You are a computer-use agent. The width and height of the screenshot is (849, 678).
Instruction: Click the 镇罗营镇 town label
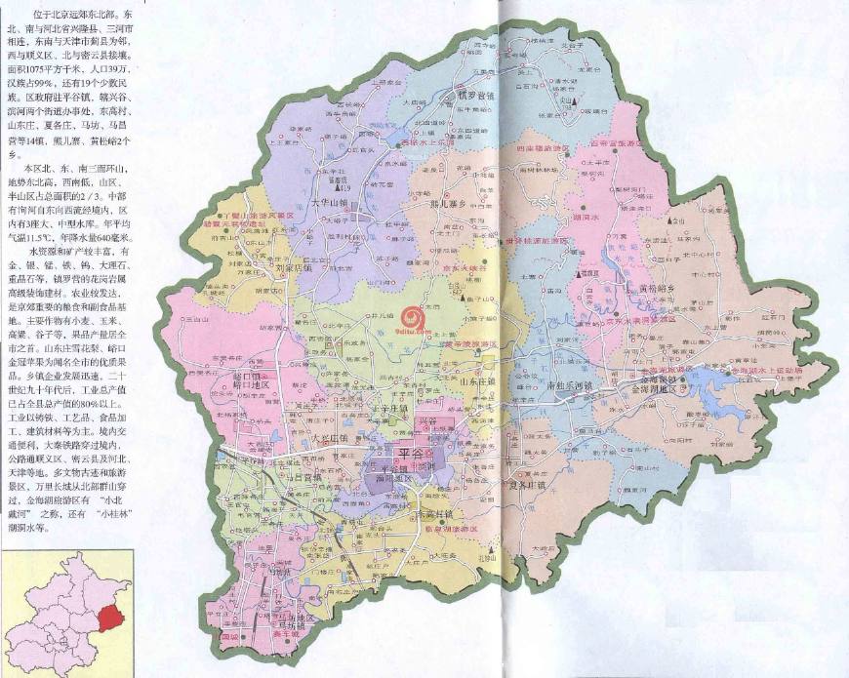click(476, 96)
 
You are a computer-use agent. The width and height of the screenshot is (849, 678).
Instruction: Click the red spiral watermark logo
click(416, 317)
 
